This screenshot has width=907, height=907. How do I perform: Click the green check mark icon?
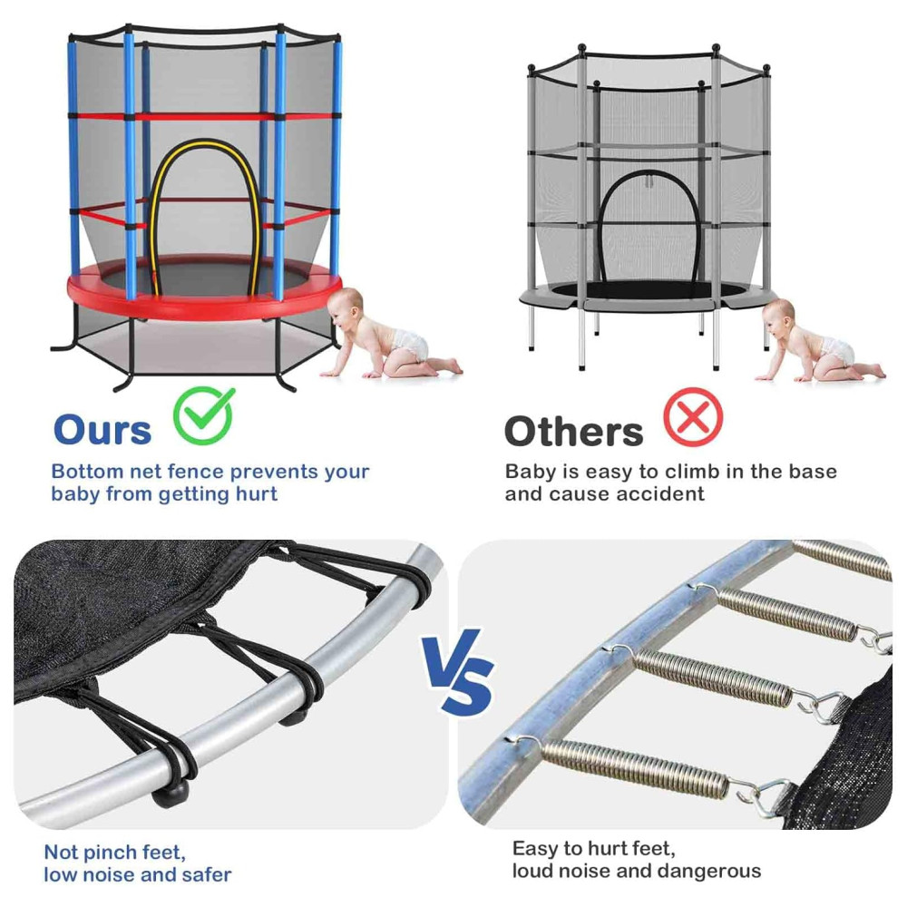point(203,415)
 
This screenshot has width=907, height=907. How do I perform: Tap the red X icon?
point(693,417)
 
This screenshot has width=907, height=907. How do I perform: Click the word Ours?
point(102,430)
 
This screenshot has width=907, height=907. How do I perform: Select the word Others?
point(573,432)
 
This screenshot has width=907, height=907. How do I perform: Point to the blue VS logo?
point(457,670)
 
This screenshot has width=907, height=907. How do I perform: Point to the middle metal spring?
point(713,675)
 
